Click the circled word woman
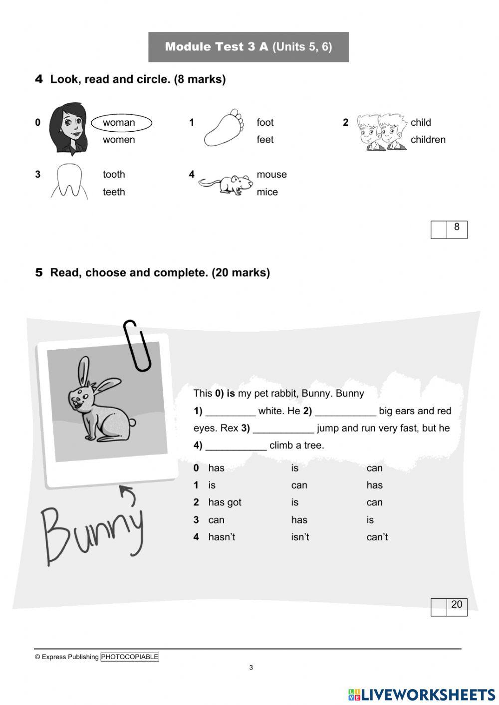[120, 123]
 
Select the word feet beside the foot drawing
[265, 140]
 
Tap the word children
[428, 140]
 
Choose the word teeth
[114, 192]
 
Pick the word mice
[267, 192]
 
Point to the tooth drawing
[69, 181]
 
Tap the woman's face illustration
[68, 128]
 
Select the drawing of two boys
[382, 132]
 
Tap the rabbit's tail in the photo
[132, 423]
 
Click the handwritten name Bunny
[93, 534]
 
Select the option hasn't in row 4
[222, 537]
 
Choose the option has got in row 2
[225, 502]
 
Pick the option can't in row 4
[377, 537]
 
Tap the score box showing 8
[449, 230]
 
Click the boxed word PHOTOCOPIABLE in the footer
[130, 657]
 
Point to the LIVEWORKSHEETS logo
[422, 695]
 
